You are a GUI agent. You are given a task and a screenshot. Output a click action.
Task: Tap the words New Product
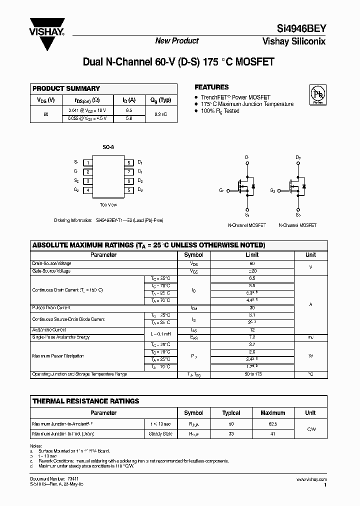tap(176, 41)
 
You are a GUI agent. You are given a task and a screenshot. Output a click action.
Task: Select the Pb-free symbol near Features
tap(316, 93)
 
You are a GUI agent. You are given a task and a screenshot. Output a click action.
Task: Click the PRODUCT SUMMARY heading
tap(66, 88)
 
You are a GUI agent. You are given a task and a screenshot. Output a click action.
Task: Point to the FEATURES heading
tap(211, 87)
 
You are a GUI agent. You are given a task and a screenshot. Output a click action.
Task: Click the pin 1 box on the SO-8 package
tap(88, 162)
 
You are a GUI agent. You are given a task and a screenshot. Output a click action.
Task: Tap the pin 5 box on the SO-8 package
tap(128, 190)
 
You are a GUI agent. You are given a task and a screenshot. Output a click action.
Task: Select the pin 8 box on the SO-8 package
tap(128, 162)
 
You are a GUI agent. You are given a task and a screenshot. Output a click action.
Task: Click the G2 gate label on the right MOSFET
tap(273, 190)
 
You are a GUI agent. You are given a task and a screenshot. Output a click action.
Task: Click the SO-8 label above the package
tap(108, 148)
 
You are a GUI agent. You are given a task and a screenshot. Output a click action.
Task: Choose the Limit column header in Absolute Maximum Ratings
tap(252, 255)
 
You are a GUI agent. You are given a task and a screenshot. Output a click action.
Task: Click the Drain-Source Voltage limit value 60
tap(252, 263)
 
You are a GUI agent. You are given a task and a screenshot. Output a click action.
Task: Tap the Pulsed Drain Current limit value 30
tap(252, 308)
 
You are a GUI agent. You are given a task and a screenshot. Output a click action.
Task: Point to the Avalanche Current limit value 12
tap(252, 330)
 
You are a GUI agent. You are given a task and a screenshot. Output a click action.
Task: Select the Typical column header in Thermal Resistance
tap(231, 413)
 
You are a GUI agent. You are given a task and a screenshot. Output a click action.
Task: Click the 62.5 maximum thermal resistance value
tap(272, 424)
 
